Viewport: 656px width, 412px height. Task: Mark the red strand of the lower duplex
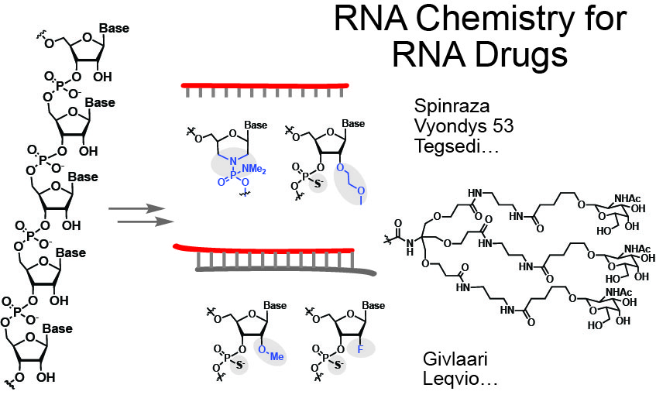pyautogui.click(x=256, y=248)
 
